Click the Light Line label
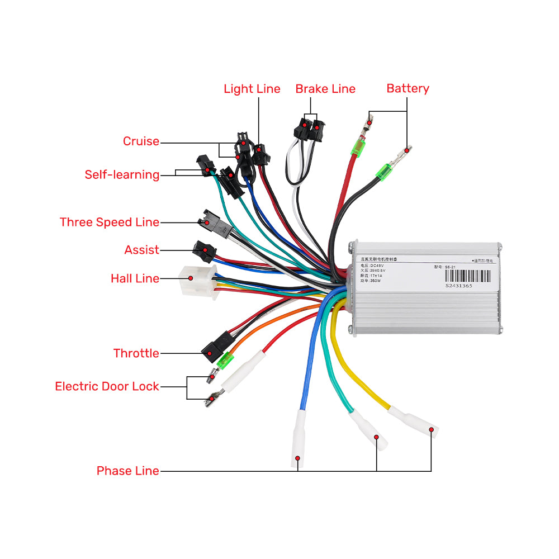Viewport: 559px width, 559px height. point(252,89)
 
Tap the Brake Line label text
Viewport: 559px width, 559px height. point(325,89)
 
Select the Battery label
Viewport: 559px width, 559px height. point(408,88)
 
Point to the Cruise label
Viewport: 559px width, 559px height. point(141,141)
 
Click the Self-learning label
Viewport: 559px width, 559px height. point(122,175)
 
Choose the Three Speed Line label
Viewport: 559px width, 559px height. point(110,222)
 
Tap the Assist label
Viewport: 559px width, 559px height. point(141,250)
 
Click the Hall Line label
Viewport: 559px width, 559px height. point(135,278)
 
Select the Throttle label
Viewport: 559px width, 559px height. point(136,353)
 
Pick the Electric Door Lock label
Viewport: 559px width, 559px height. point(107,386)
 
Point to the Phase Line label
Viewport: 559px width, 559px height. point(127,471)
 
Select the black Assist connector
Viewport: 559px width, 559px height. point(203,250)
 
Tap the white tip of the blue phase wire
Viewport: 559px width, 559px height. point(298,442)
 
